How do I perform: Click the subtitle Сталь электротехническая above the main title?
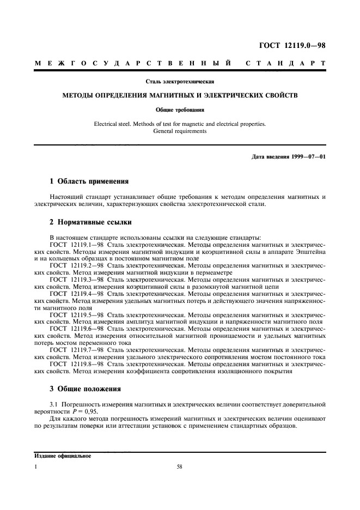click(x=180, y=82)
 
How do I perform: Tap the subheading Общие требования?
click(x=180, y=110)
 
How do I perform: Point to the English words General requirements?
click(x=180, y=131)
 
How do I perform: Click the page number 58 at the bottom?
click(x=179, y=467)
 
